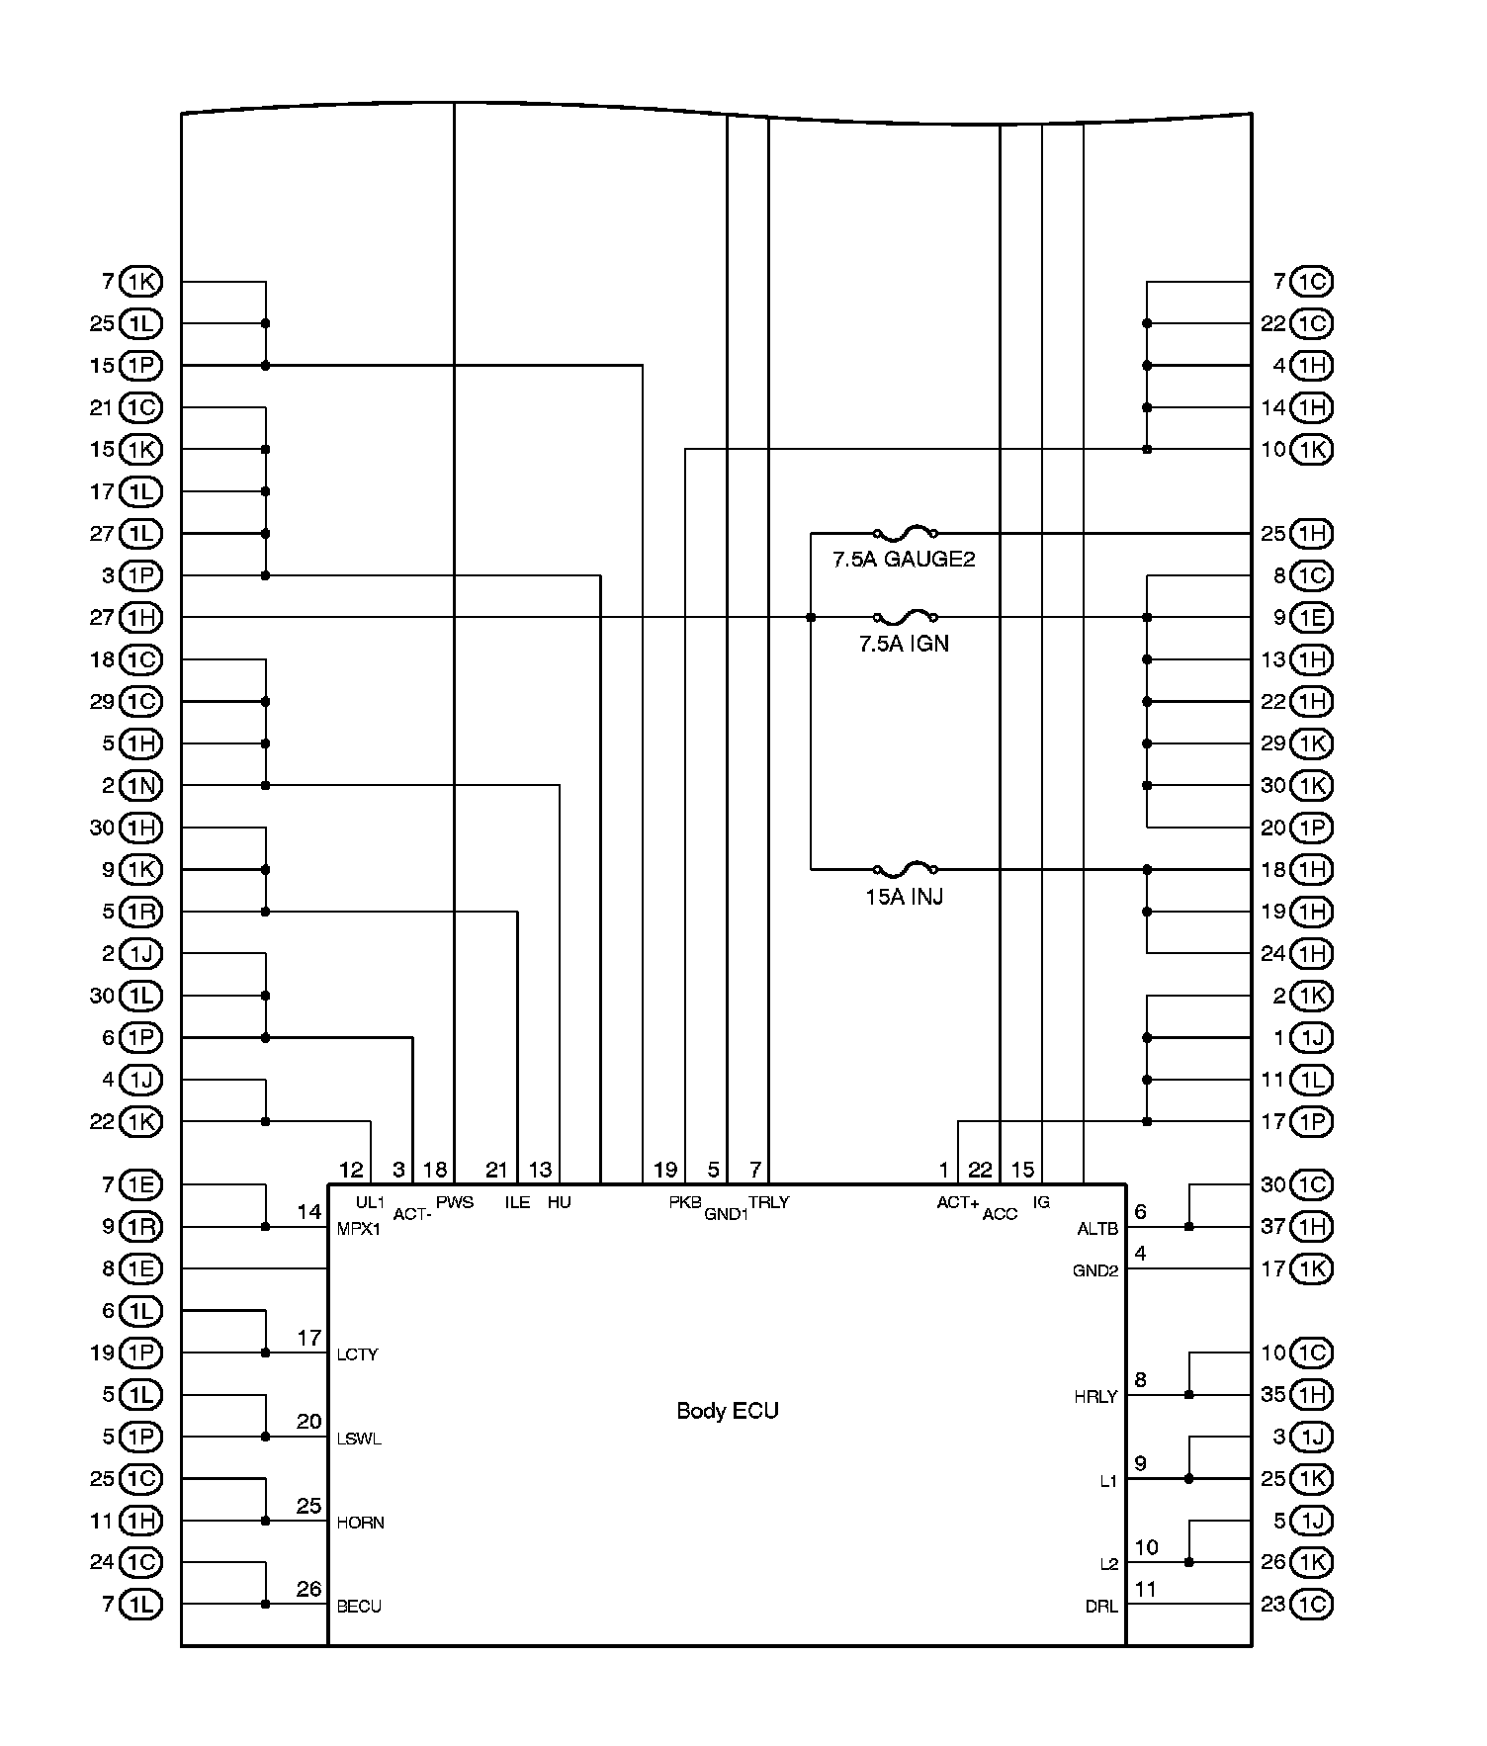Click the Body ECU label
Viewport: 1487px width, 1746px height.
727,1411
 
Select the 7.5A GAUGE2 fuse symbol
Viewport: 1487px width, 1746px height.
906,533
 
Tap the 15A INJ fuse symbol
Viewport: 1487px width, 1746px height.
906,870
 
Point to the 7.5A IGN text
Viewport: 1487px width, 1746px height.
904,644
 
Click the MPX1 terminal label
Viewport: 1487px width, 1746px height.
358,1230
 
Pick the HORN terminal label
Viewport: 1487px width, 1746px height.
360,1523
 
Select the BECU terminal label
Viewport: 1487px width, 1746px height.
359,1607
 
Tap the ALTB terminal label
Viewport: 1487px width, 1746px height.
1096,1230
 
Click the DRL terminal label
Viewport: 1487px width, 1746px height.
1100,1607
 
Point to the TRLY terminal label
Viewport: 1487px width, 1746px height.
768,1202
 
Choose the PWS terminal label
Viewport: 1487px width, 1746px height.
455,1202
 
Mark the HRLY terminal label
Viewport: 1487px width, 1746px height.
1095,1397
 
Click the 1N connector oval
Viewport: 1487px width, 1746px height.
140,786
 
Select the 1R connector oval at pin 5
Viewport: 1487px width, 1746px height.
140,912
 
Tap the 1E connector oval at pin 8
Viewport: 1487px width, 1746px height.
140,1268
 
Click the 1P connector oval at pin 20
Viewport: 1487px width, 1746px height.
1312,828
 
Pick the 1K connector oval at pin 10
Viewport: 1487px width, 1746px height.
1312,450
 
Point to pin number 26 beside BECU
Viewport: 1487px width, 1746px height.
308,1589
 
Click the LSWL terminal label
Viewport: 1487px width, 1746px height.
359,1439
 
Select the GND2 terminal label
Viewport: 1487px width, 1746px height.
1094,1271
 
